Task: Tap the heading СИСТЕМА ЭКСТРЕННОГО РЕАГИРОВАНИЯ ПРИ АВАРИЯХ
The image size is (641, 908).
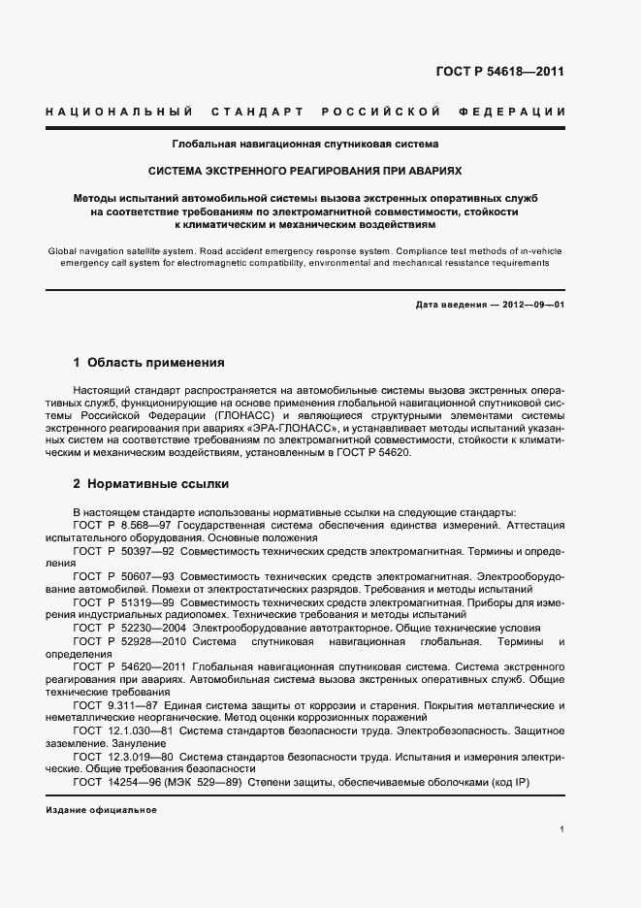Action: [305, 170]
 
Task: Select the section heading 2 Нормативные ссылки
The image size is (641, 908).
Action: [150, 483]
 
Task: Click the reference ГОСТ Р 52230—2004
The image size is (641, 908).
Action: [126, 628]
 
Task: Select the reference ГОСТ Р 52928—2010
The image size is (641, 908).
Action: [126, 640]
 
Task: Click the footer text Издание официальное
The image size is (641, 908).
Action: [101, 810]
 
